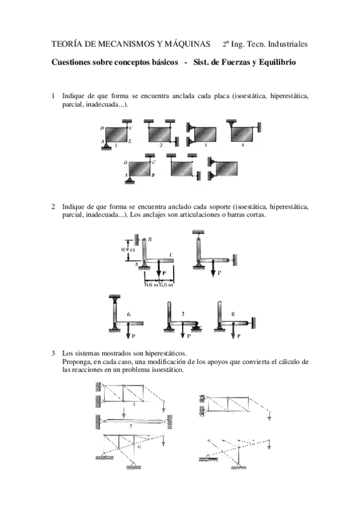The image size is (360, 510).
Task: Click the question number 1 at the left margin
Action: (x=54, y=96)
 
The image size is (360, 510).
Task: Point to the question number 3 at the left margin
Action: (x=54, y=352)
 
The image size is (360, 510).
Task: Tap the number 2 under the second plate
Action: (x=161, y=146)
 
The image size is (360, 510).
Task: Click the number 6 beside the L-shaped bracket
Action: (x=129, y=314)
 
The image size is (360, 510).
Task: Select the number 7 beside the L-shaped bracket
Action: (x=183, y=314)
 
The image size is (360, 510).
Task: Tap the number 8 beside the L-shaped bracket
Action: (x=233, y=314)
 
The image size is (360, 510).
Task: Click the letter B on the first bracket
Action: (x=148, y=239)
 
